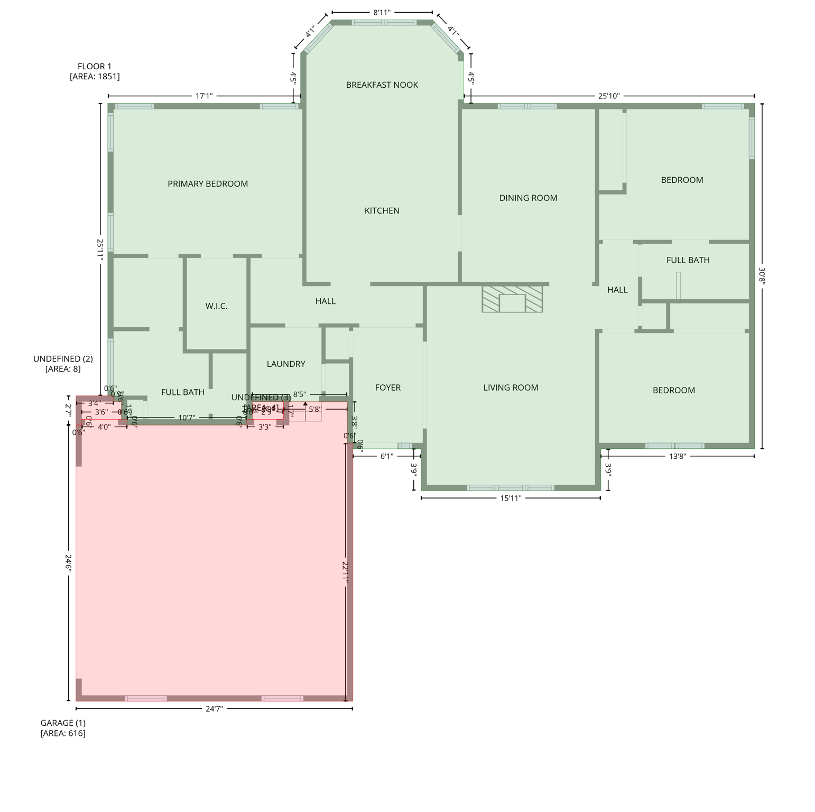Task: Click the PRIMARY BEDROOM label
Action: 208,184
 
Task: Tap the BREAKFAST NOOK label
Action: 382,85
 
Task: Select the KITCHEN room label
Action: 382,211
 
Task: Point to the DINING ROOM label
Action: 528,198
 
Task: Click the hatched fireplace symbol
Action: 512,299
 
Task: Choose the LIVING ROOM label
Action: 511,388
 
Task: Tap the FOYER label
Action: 387,388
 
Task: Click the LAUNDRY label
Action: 286,364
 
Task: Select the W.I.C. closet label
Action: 216,307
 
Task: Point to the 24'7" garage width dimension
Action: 214,709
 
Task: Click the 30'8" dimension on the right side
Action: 762,276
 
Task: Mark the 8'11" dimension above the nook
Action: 382,13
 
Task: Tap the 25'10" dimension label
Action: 609,96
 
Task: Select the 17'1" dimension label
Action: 204,96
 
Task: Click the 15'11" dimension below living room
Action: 511,498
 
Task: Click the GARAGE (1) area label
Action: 63,728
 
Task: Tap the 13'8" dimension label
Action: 677,456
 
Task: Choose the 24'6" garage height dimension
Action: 69,562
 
